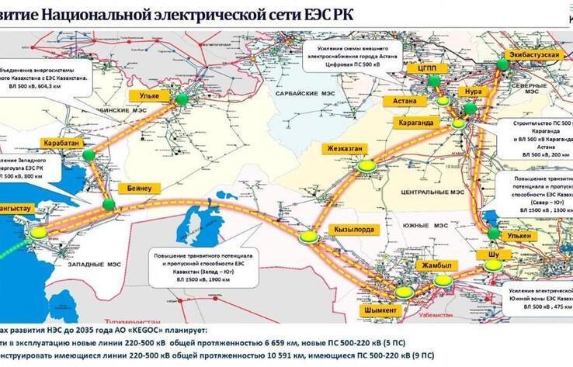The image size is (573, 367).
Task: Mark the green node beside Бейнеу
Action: (x=109, y=204)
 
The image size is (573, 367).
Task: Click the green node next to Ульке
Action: (x=182, y=99)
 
